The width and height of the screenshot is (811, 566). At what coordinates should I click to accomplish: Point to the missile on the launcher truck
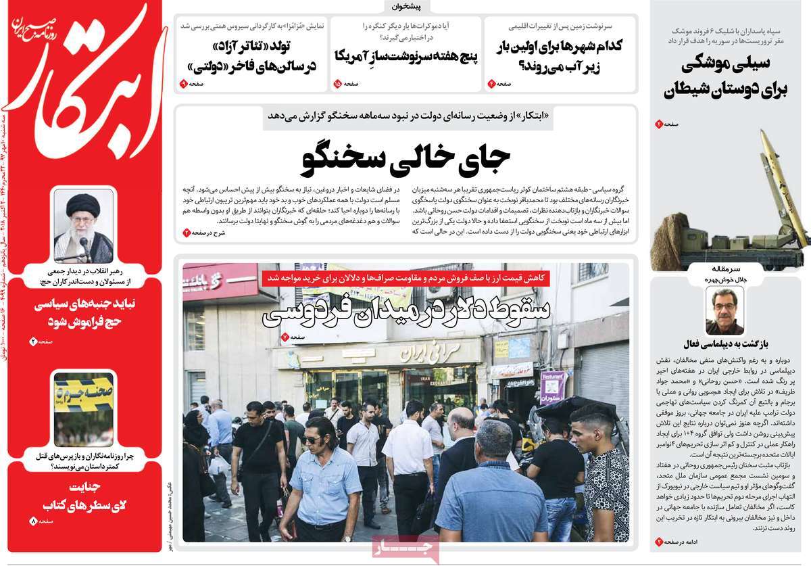pos(784,183)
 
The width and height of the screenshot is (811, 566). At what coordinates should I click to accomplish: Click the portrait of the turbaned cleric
pos(84,225)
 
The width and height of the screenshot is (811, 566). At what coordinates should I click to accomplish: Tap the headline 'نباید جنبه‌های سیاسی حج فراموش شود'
pos(82,312)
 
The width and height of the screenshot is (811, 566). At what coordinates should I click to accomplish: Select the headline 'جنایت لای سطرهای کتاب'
pos(84,497)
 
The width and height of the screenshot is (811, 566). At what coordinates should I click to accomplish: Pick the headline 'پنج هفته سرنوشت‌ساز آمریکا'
pos(406,56)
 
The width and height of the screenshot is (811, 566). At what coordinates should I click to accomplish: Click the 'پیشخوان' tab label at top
pos(406,7)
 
